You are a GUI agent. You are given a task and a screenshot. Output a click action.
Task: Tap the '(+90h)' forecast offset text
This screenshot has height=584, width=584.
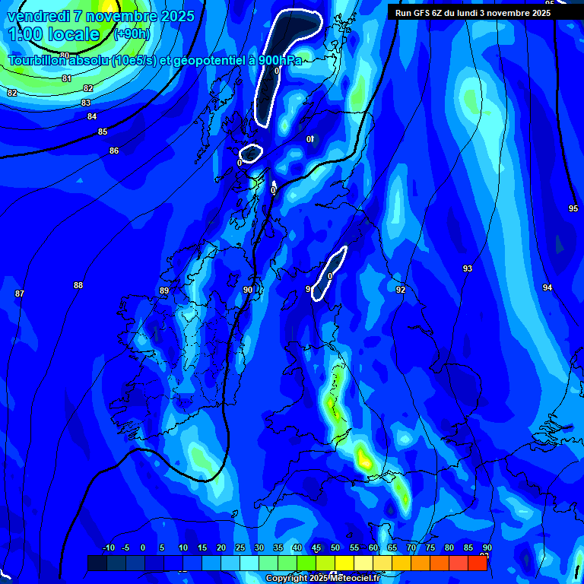132,33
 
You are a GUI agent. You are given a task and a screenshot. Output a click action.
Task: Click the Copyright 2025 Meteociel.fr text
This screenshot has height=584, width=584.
322,578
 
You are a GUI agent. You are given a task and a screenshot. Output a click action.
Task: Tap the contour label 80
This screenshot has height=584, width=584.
65,56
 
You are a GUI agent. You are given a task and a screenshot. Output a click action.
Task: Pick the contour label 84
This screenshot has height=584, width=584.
92,116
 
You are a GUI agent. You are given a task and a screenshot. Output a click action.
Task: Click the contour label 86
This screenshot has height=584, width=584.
114,151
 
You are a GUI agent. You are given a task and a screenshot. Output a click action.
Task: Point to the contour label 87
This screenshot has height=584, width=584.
20,294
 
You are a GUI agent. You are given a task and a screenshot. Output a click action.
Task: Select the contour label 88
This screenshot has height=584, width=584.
78,285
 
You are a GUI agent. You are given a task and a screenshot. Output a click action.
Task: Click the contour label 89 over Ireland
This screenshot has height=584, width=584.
164,290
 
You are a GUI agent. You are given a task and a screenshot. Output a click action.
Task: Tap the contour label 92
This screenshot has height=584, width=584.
401,290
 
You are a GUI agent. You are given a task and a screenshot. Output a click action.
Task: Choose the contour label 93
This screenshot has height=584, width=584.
468,268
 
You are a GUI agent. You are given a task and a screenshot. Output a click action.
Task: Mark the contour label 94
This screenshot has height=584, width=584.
547,287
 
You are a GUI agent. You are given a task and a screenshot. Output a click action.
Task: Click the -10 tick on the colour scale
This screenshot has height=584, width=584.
108,547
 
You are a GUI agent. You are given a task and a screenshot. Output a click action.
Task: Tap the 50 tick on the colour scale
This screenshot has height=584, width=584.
335,547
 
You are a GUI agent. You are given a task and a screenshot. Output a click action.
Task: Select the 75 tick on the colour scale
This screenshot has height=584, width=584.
430,547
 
